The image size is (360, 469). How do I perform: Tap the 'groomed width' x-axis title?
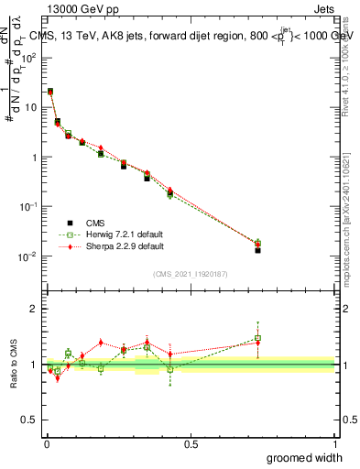point(305,457)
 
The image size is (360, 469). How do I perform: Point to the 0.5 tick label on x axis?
point(190,444)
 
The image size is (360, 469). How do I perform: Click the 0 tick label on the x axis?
point(46,444)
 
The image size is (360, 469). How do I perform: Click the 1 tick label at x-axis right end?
point(333,444)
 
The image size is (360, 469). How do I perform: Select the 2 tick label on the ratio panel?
point(34,309)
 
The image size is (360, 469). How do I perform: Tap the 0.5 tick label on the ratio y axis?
point(29,420)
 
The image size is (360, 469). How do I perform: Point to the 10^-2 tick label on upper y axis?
point(27,256)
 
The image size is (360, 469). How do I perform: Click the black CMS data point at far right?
point(258,250)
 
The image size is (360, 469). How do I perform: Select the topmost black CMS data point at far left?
point(49,92)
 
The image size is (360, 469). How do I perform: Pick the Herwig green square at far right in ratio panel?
point(258,338)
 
